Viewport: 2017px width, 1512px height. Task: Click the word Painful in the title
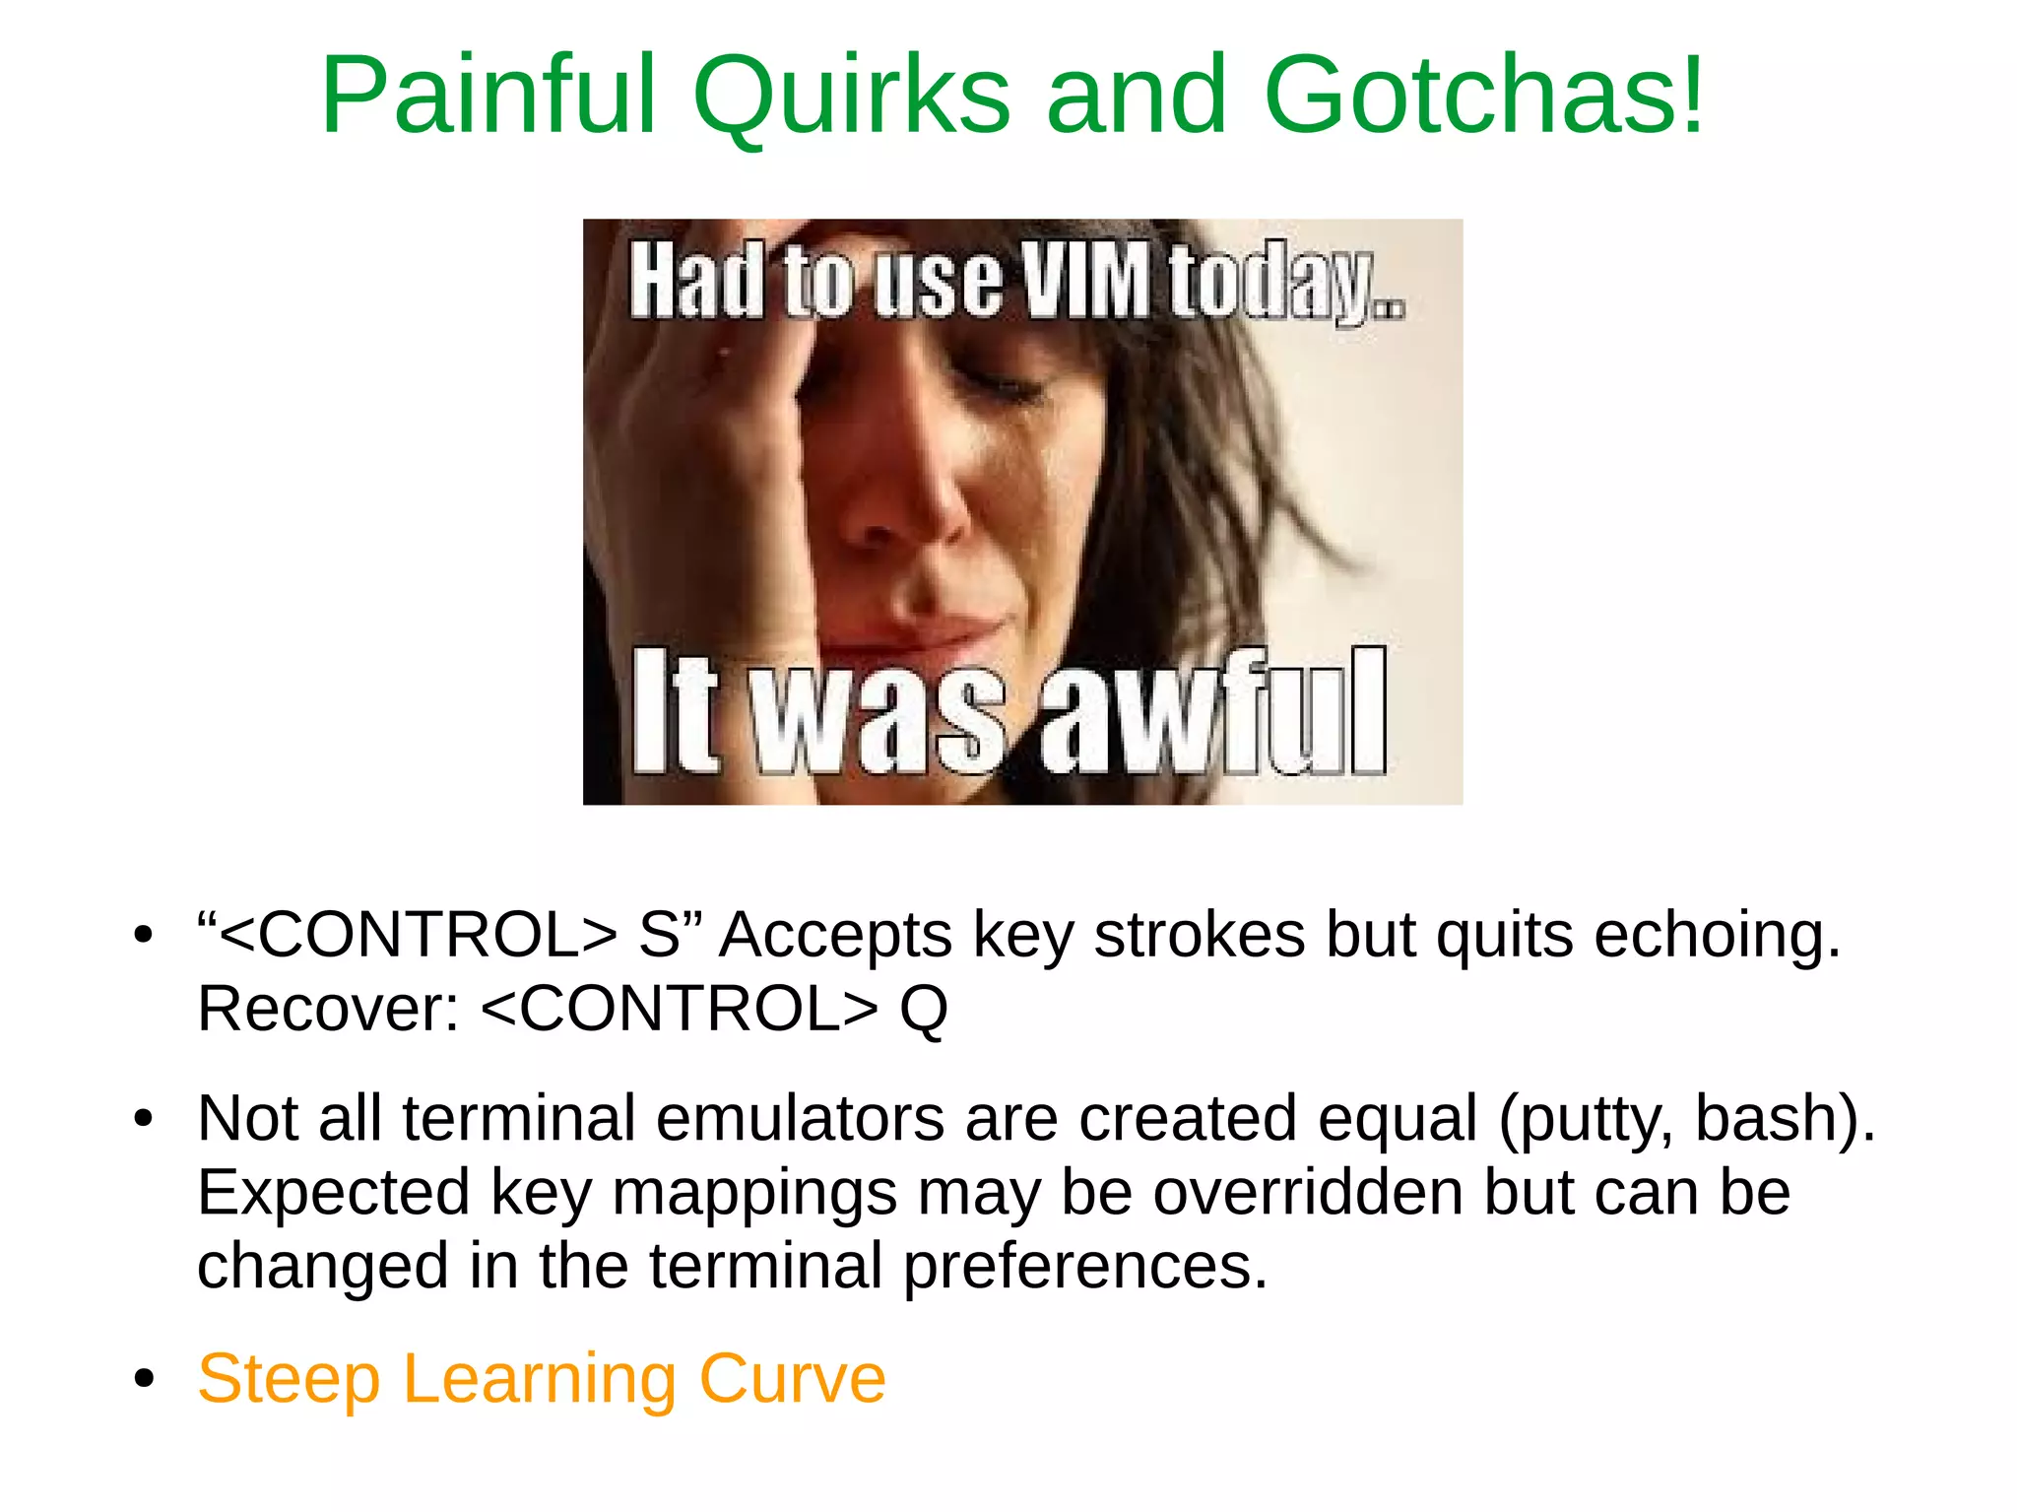(x=488, y=96)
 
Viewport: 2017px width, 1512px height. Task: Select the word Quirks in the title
(x=851, y=96)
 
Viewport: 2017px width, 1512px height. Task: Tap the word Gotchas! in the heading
(x=1483, y=96)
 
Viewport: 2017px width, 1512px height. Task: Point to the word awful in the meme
(x=1213, y=711)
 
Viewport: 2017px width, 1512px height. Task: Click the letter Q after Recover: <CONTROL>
(x=923, y=1009)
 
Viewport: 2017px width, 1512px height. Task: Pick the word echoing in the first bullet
(x=1717, y=934)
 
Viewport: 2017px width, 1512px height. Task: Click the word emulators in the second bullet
(x=800, y=1118)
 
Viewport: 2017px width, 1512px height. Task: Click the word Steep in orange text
(x=289, y=1378)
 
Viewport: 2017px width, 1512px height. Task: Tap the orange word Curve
(x=792, y=1378)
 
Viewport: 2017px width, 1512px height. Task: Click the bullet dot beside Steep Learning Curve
(x=145, y=1378)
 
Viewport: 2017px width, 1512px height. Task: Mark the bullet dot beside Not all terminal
(x=145, y=1119)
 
